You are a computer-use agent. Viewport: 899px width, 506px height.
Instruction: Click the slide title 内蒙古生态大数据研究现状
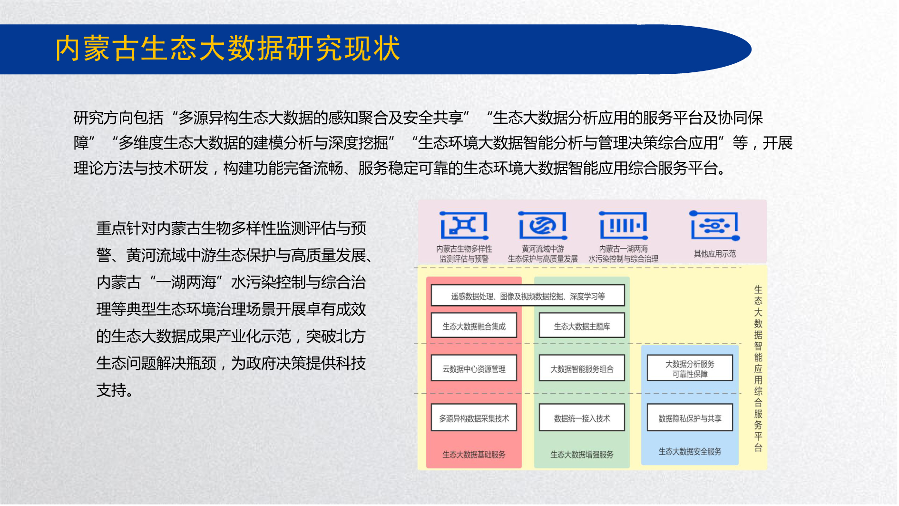228,49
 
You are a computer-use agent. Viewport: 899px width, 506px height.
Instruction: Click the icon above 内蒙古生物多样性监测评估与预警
464,225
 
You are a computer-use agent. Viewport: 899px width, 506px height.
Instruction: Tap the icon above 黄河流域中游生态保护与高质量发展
543,225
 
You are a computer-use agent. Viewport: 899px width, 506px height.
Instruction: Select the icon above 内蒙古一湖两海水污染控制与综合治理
624,225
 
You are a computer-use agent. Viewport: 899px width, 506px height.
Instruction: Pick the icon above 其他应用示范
715,226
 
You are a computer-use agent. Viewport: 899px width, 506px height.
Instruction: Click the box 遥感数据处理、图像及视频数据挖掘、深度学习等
528,296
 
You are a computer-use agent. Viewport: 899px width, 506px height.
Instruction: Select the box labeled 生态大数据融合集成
474,326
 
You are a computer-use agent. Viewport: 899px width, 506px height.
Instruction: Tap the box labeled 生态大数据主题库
582,326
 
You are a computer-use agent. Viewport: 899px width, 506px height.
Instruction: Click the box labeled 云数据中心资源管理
474,368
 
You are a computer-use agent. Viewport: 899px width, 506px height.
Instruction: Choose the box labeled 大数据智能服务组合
582,368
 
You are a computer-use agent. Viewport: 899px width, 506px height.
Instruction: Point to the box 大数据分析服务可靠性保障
690,368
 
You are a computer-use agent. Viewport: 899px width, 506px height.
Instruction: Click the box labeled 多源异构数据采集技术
474,417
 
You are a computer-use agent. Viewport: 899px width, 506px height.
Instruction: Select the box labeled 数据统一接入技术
582,417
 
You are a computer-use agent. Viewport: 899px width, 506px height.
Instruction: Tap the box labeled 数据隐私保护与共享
690,417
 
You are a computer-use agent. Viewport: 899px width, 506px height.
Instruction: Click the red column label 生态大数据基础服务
474,455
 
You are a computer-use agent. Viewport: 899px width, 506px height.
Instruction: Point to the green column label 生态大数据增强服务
582,455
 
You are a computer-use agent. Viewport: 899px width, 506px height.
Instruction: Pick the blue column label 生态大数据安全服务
690,452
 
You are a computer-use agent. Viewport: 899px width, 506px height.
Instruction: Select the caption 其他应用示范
715,254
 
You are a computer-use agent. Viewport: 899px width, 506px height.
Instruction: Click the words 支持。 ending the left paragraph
115,390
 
